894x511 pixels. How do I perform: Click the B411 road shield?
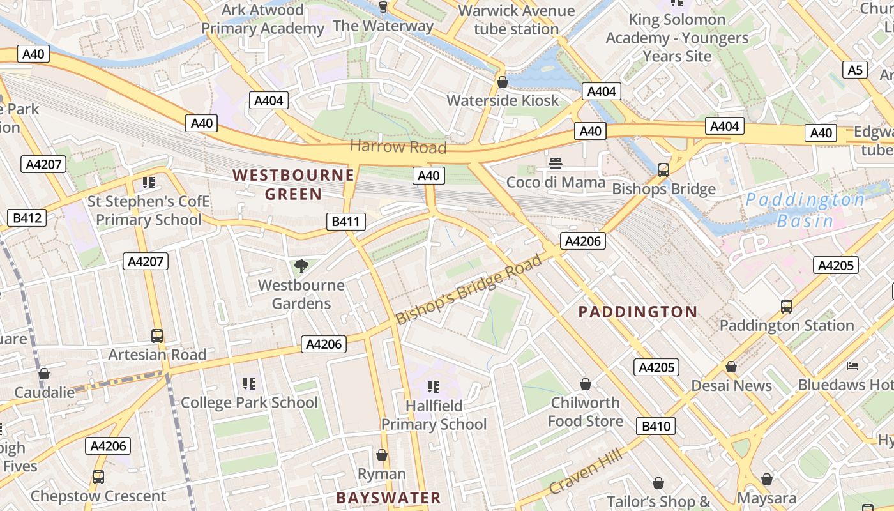346,222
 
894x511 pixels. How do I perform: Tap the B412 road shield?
27,218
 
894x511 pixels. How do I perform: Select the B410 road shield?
655,426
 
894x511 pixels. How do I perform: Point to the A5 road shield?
855,70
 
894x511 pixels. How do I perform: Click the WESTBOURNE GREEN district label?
293,185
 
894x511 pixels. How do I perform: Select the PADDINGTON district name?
637,312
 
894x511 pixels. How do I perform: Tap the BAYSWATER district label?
388,498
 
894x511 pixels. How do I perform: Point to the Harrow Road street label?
398,147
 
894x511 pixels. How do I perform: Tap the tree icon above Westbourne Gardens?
301,266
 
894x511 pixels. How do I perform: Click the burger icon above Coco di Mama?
556,164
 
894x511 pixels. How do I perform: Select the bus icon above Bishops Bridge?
663,170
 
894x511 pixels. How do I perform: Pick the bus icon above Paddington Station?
786,307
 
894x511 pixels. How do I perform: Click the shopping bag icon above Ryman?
381,455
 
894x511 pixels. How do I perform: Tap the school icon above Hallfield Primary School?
434,386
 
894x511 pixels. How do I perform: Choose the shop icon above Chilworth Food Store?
585,384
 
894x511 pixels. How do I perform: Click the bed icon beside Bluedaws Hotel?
852,366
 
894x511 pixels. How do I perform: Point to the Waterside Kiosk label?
503,100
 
